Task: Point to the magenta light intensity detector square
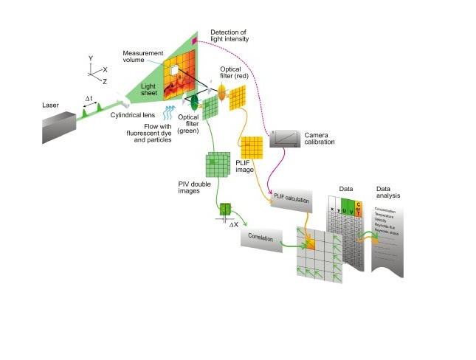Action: pos(196,43)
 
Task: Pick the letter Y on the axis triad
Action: pos(89,58)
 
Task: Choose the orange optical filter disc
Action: pos(221,92)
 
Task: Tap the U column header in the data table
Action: pos(347,210)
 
